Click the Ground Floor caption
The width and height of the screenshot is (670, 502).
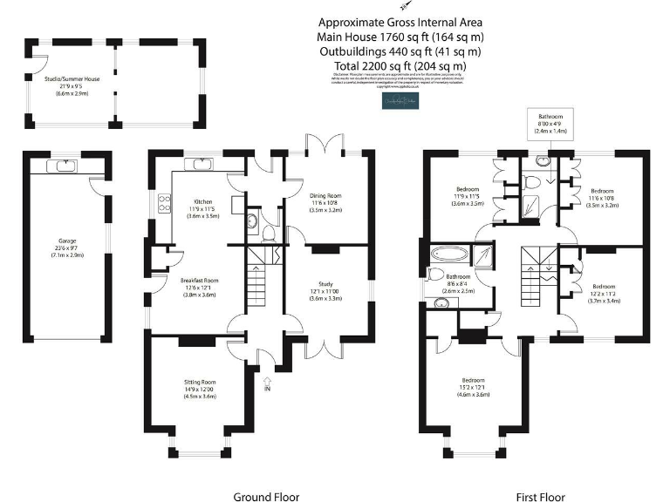265,497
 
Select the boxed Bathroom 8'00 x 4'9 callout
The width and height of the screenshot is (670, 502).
550,121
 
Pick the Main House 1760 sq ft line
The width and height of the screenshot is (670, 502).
400,37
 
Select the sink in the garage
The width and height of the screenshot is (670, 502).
65,165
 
